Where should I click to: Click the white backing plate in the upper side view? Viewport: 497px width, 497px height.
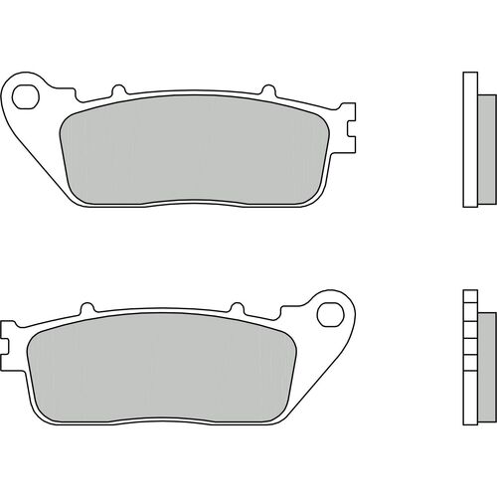472,139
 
